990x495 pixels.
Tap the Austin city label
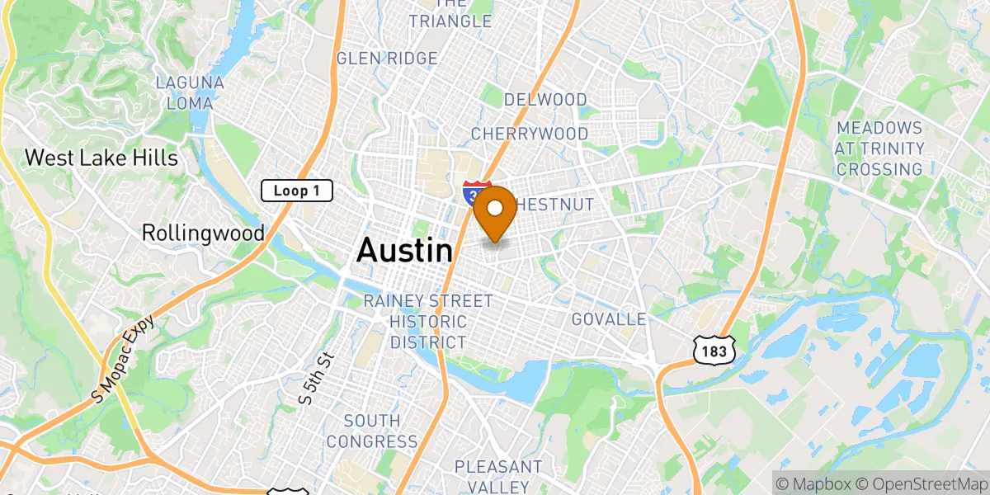pos(404,251)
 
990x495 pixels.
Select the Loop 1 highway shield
pos(297,191)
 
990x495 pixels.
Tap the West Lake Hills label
pos(101,158)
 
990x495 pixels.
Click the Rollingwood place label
pos(203,233)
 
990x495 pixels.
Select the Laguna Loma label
pos(189,93)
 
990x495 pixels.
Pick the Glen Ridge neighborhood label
pos(387,59)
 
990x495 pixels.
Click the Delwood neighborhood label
pos(545,100)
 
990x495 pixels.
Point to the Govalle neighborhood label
pos(609,319)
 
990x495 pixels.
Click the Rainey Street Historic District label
pos(428,322)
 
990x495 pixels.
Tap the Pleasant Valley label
pos(498,477)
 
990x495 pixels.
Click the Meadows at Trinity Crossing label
pos(879,148)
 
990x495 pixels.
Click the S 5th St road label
pos(317,379)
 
